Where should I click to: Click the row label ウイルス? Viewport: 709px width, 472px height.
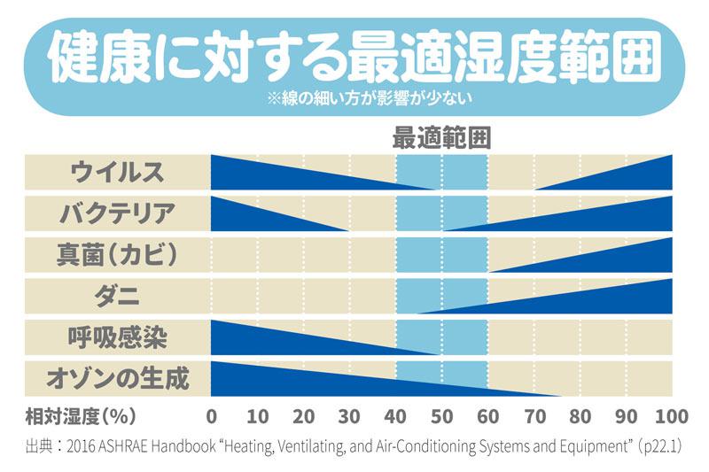click(x=117, y=171)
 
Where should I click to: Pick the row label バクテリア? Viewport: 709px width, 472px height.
click(x=117, y=213)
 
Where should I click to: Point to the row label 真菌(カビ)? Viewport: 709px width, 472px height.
click(x=117, y=255)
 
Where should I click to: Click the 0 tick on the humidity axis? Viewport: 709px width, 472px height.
click(x=211, y=417)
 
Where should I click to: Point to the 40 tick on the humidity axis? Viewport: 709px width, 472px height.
click(x=395, y=417)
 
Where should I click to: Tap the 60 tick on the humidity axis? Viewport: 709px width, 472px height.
click(x=487, y=417)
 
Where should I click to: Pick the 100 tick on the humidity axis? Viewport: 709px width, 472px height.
click(x=672, y=417)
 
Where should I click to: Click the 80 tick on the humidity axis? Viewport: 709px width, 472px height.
click(x=580, y=417)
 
